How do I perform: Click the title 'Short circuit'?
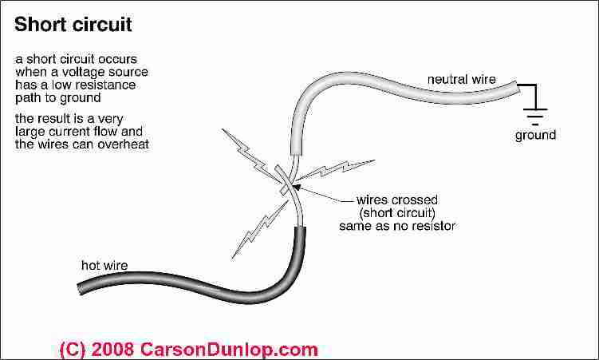(x=73, y=25)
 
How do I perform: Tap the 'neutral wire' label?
(x=462, y=79)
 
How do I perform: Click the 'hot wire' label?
(x=104, y=265)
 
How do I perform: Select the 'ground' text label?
(x=535, y=135)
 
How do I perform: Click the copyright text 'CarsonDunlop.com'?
(x=230, y=349)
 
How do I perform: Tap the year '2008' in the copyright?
(x=112, y=349)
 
